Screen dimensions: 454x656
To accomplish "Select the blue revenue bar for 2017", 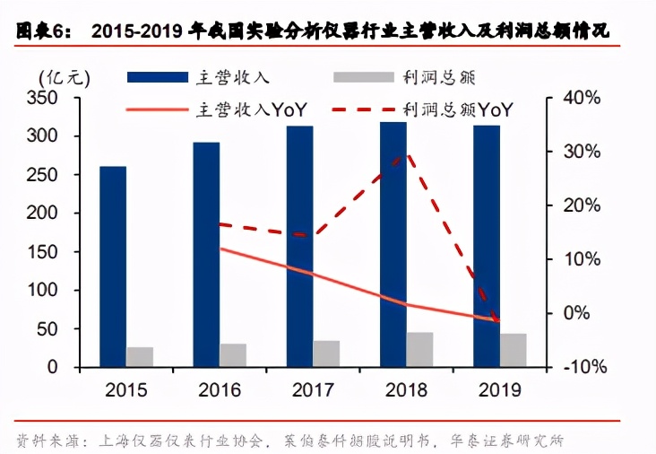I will point(300,247).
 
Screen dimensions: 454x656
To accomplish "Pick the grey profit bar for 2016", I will point(233,355).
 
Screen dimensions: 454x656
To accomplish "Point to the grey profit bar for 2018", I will point(419,350).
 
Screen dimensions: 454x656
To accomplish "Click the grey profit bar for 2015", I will point(140,357).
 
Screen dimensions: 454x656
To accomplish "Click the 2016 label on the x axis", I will point(220,392).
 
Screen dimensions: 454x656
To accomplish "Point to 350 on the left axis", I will point(45,98).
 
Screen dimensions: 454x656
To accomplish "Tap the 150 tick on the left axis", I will point(45,252).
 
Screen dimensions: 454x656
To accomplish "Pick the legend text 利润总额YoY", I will point(458,110).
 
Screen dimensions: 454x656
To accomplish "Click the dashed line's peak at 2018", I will point(408,154).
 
